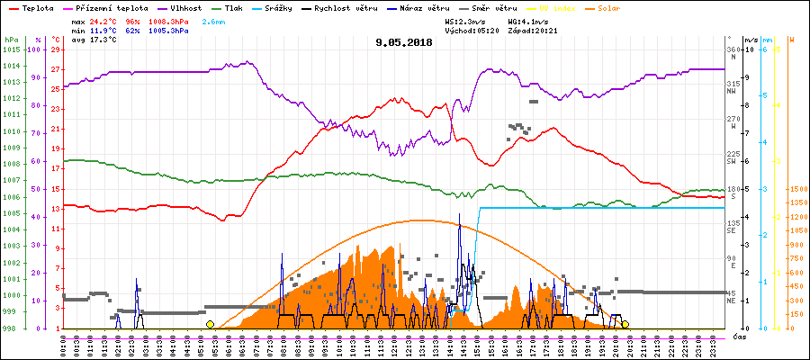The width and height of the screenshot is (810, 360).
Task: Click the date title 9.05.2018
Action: [x=404, y=41]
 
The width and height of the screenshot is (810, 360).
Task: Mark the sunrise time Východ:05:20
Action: [x=471, y=31]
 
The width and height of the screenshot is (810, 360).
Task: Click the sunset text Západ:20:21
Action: [x=531, y=31]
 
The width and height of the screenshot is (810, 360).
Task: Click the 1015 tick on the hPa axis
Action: [x=11, y=49]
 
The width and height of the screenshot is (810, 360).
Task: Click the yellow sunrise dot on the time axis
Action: [x=210, y=324]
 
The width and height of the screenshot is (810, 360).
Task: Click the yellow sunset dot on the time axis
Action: [x=625, y=324]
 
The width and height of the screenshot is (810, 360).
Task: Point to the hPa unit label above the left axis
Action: [x=11, y=40]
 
